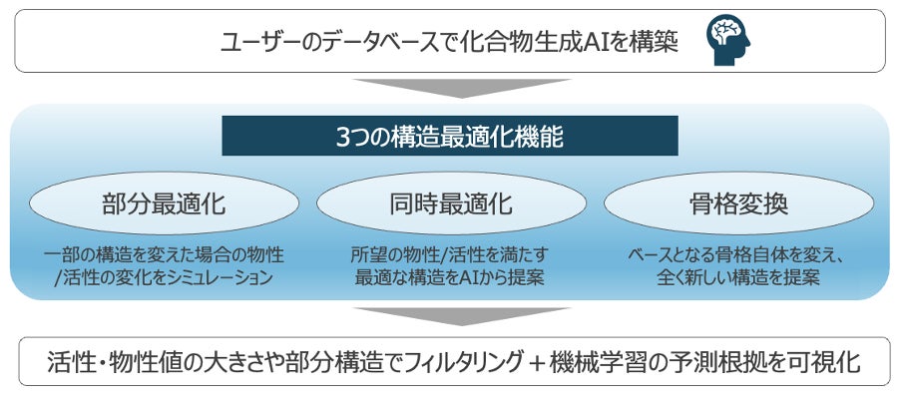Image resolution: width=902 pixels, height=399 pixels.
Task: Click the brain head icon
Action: click(728, 40)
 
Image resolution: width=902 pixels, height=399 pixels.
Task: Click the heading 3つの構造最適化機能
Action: click(449, 137)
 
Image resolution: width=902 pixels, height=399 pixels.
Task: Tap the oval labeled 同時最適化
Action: click(450, 205)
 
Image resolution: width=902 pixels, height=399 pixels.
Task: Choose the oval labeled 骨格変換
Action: click(737, 205)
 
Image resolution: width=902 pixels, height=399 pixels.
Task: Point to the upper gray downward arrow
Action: click(450, 88)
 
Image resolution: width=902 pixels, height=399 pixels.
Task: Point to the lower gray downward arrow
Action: click(450, 317)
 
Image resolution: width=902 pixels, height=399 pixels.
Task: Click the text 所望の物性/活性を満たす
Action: click(450, 255)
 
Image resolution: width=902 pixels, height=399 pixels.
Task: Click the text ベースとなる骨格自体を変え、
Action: click(737, 255)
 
